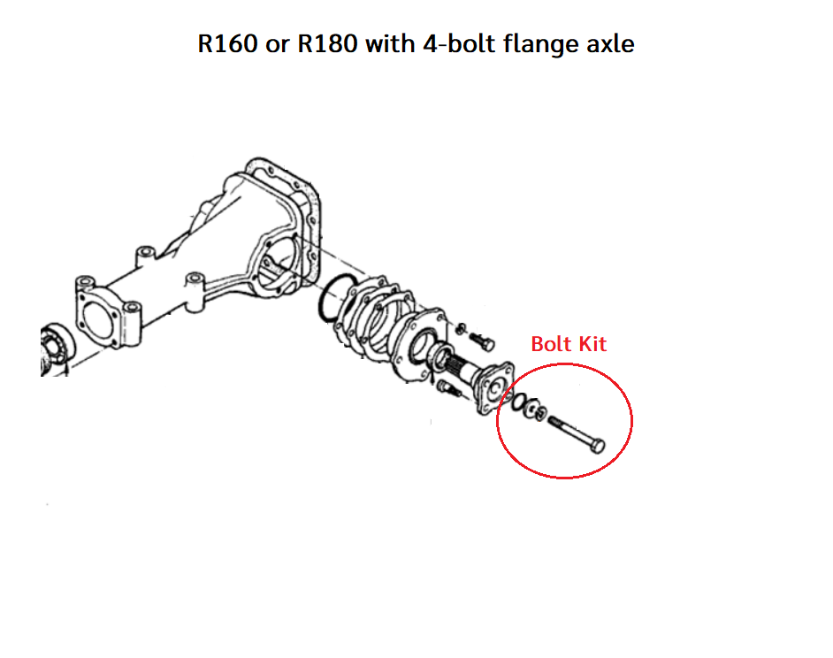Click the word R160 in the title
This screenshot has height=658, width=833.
pyautogui.click(x=227, y=43)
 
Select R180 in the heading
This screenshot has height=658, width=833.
pyautogui.click(x=327, y=43)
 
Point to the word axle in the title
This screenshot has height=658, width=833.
pyautogui.click(x=610, y=43)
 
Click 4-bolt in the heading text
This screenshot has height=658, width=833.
pyautogui.click(x=459, y=43)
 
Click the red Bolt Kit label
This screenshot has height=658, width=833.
pyautogui.click(x=569, y=344)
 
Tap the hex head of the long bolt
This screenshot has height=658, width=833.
pyautogui.click(x=598, y=446)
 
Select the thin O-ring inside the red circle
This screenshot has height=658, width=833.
pyautogui.click(x=519, y=402)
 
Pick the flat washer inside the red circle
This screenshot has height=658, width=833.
pyautogui.click(x=531, y=408)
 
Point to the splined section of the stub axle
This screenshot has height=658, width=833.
pyautogui.click(x=457, y=366)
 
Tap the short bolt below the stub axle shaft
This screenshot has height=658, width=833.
pyautogui.click(x=449, y=388)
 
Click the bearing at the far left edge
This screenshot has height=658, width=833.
pyautogui.click(x=56, y=349)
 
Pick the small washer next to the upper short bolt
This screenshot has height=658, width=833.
pyautogui.click(x=461, y=329)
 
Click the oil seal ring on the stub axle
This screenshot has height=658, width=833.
pyautogui.click(x=440, y=357)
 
